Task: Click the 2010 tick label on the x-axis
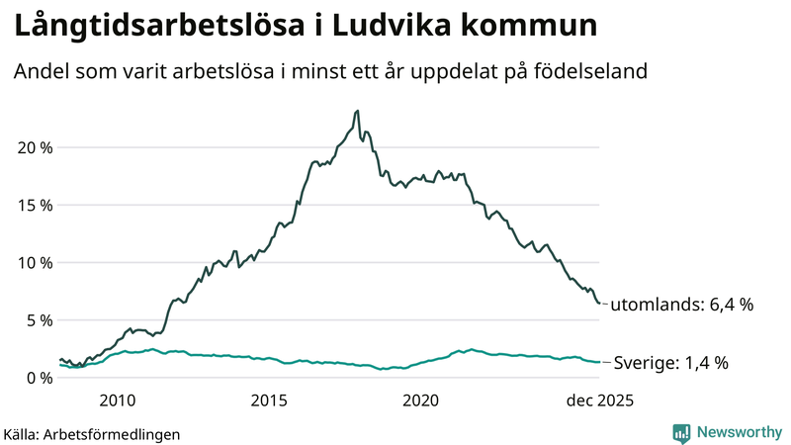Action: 117,400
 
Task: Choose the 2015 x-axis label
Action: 269,400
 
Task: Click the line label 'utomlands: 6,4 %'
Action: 682,305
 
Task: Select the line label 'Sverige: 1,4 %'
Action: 671,363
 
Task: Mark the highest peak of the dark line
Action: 357,111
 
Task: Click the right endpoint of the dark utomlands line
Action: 600,304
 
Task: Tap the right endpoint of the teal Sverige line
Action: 600,362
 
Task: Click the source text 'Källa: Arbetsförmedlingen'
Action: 92,433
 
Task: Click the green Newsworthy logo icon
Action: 681,432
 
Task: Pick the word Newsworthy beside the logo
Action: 738,432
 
